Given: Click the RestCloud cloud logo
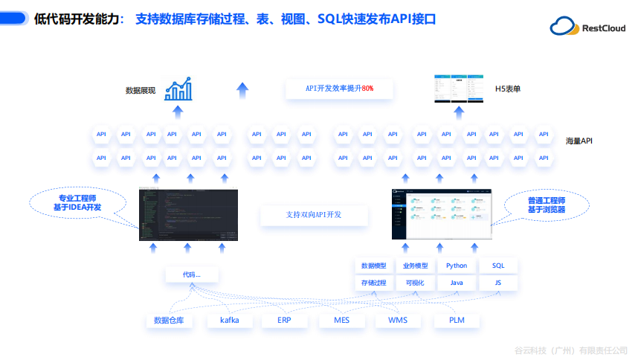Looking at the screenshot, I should tap(564, 27).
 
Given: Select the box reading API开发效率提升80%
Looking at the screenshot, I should tap(339, 89).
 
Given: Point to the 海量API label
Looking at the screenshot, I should tap(579, 141).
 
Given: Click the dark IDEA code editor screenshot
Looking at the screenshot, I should tap(189, 213).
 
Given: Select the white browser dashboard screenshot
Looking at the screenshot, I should tap(442, 213).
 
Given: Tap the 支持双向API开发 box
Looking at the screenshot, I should tap(314, 215).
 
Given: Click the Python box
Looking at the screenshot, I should tap(457, 266).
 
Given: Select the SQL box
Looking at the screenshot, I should tap(497, 266).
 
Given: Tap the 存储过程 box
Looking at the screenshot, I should tap(374, 283).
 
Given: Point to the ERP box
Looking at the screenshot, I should tap(284, 321).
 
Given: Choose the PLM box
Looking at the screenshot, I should tap(457, 321).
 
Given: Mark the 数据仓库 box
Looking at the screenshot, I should tap(169, 321).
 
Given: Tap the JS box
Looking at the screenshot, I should tap(497, 283).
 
